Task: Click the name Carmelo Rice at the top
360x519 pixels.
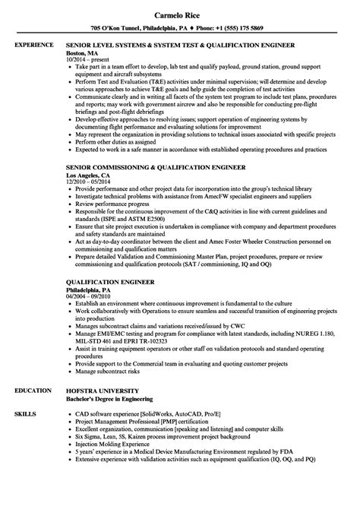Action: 179,13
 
